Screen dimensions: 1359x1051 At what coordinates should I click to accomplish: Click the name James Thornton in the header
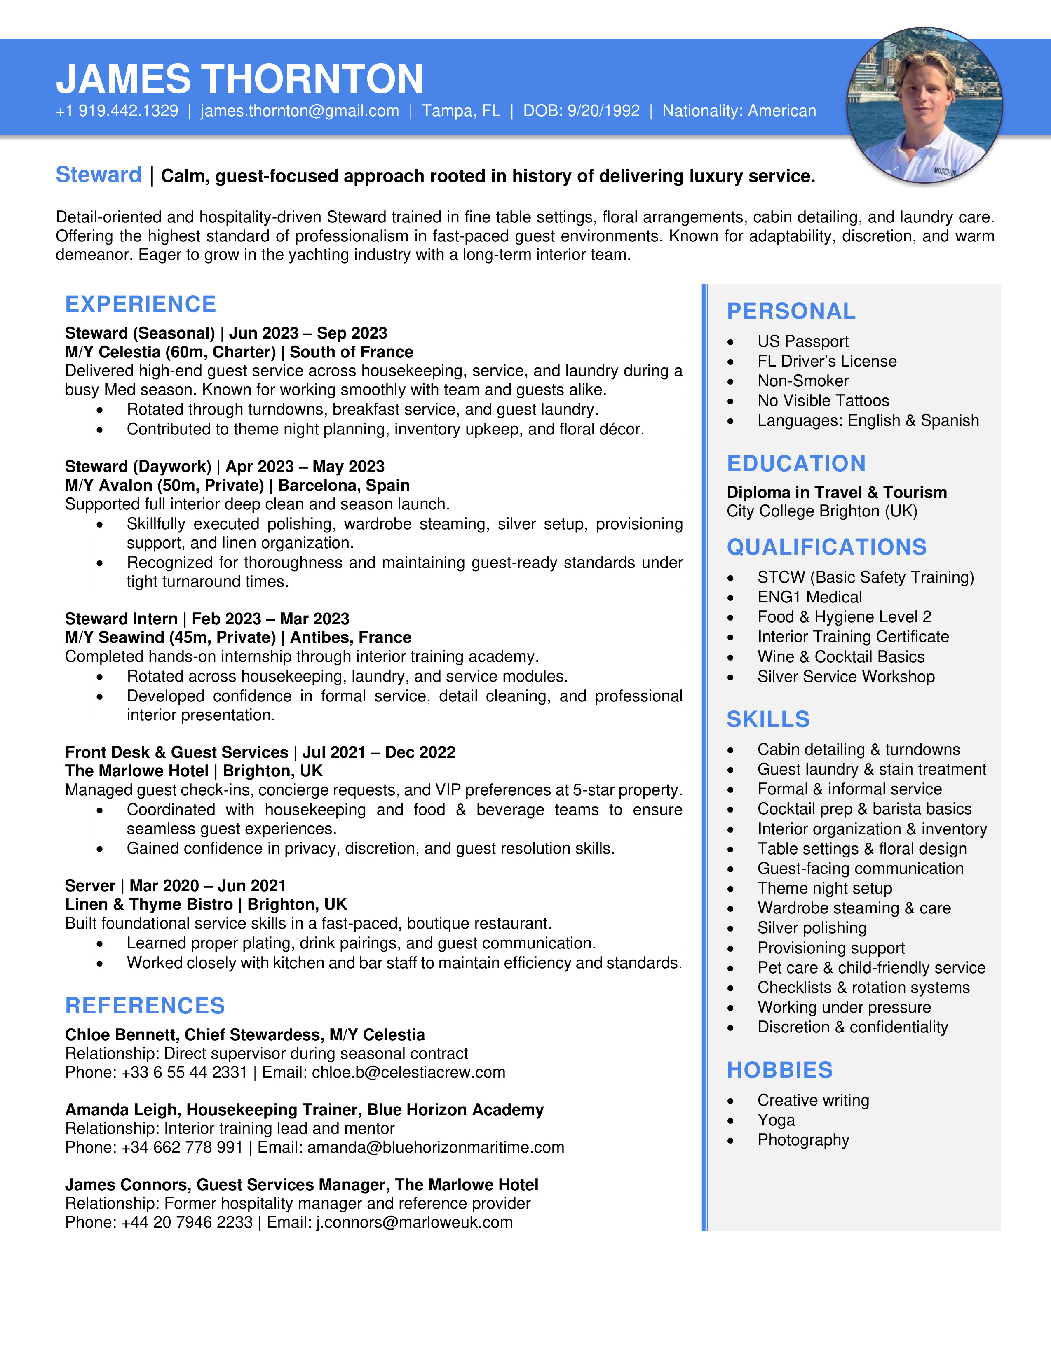240,79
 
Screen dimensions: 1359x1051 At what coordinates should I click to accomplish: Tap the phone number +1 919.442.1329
117,111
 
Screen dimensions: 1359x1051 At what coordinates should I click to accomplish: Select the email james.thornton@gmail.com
300,111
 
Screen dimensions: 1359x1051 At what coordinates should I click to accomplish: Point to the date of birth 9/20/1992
603,111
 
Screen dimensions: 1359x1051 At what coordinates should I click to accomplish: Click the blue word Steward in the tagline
99,175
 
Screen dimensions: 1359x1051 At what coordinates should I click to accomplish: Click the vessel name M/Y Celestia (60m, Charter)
170,352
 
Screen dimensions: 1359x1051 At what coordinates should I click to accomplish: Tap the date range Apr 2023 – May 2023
305,467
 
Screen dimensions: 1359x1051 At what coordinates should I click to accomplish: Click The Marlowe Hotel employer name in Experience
136,771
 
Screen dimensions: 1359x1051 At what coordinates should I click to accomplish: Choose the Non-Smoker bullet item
802,381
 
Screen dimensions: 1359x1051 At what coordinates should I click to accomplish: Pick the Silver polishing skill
811,928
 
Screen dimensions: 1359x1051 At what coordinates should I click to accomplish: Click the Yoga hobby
776,1120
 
